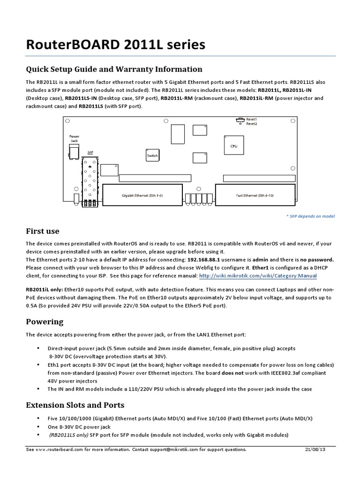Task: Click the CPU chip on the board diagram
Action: pyautogui.click(x=233, y=146)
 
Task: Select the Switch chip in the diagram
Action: pyautogui.click(x=153, y=155)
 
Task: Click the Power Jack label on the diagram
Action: pyautogui.click(x=75, y=138)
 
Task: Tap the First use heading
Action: pyautogui.click(x=42, y=231)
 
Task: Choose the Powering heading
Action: pyautogui.click(x=44, y=322)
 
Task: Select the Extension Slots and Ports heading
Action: pyautogui.click(x=75, y=405)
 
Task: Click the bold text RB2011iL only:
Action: pyautogui.click(x=45, y=290)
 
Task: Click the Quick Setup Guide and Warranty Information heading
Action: pyautogui.click(x=114, y=69)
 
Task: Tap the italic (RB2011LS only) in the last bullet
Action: pyautogui.click(x=68, y=435)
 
